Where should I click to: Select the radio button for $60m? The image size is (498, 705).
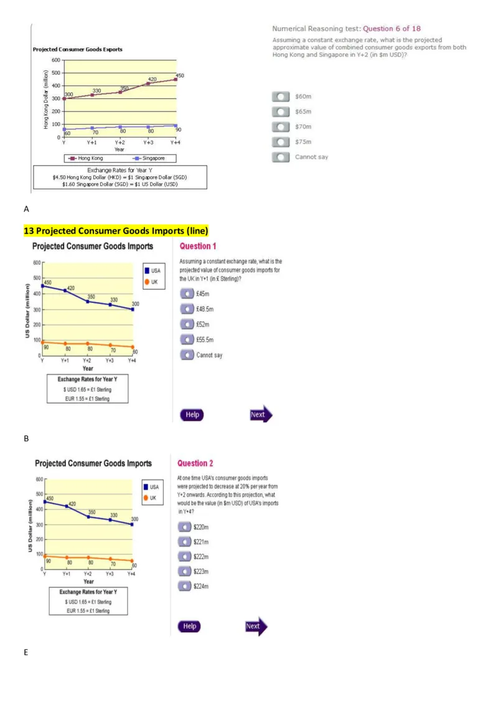point(281,97)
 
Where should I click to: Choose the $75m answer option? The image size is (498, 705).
point(281,141)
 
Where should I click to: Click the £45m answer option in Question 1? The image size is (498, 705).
point(187,293)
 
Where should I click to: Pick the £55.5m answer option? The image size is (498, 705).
point(187,339)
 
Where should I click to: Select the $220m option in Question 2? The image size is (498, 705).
point(184,526)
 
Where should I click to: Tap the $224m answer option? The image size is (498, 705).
point(184,585)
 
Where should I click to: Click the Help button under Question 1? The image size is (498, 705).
point(193,415)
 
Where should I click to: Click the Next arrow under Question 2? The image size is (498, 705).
point(255,626)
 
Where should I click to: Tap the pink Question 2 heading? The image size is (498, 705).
point(195,463)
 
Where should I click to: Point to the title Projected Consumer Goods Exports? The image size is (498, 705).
point(77,49)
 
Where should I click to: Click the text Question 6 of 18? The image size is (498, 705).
point(392,29)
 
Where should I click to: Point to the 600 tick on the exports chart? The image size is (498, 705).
point(55,60)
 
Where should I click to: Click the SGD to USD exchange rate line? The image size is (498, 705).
point(120,184)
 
